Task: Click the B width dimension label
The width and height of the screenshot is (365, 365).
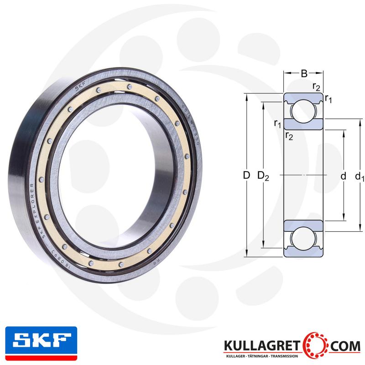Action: point(303,73)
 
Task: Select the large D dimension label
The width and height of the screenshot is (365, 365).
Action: point(246,175)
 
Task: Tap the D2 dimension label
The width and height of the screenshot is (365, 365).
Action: point(263,176)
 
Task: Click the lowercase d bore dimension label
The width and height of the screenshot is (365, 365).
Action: point(344,176)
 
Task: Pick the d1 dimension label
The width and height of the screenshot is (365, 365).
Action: point(360,176)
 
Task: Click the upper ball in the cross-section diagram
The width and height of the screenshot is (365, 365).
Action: point(303,111)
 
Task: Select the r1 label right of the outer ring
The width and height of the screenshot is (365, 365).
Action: point(328,99)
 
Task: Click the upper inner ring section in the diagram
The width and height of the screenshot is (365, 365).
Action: point(303,124)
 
